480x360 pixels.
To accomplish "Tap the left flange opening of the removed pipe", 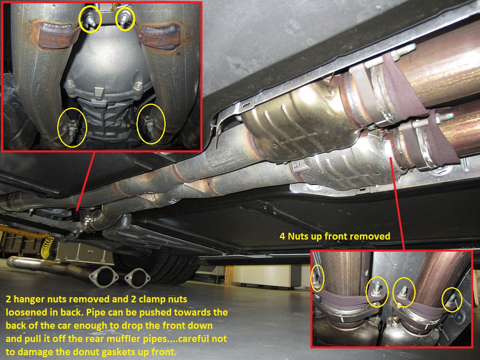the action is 104,277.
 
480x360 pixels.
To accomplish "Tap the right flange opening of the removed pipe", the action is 137,278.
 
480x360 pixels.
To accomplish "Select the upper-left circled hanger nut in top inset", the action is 90,20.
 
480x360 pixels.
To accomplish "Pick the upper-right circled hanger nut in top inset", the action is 125,18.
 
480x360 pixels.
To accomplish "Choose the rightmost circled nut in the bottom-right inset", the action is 451,301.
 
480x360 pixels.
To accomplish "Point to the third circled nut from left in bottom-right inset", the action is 403,293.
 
